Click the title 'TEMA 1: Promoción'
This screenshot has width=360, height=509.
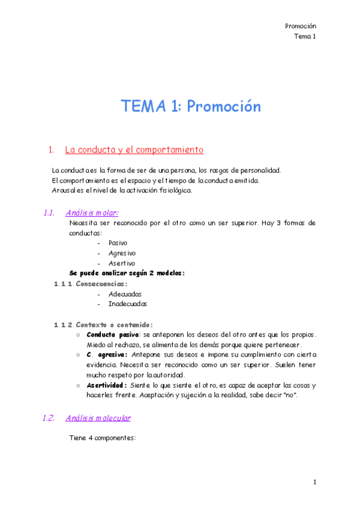point(191,107)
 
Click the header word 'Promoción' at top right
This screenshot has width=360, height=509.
point(301,26)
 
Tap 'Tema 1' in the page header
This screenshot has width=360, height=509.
point(305,37)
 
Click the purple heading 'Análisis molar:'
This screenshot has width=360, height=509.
point(92,212)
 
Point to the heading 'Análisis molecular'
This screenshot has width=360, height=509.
point(98,418)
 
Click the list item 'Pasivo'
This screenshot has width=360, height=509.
point(118,243)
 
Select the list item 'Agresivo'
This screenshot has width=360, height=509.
point(122,253)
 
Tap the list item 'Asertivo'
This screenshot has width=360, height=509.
point(122,263)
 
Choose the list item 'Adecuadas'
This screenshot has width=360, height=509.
point(125,294)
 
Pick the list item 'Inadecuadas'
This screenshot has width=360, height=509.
point(128,304)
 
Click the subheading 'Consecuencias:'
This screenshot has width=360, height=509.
point(101,283)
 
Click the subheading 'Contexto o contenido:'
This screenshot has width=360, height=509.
point(114,325)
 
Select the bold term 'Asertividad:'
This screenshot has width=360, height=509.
point(107,385)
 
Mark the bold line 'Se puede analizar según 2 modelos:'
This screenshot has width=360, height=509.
point(127,273)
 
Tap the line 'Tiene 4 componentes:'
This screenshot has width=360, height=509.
point(103,438)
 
